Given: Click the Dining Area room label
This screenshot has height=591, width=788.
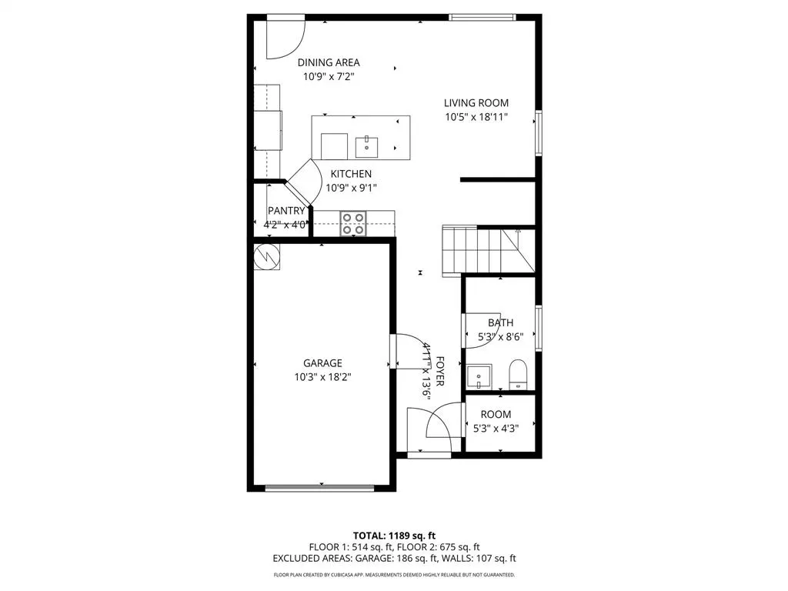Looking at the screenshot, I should [x=329, y=62].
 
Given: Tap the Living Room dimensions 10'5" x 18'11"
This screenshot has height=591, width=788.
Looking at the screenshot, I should [x=476, y=118].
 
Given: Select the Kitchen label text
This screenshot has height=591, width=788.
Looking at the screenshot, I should [x=351, y=174].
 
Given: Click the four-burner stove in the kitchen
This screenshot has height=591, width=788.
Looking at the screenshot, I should [x=353, y=223].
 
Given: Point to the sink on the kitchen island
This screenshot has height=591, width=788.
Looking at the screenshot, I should [x=367, y=144].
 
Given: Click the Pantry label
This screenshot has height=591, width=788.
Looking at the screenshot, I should [x=286, y=211].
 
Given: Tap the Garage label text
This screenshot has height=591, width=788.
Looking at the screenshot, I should [x=322, y=363].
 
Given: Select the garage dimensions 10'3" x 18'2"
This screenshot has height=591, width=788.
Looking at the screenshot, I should [x=322, y=377].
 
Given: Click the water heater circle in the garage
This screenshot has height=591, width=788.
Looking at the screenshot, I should [x=266, y=256].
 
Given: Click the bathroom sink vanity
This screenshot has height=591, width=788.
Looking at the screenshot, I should [x=480, y=378].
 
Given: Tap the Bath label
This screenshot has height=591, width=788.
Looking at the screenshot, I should [x=500, y=323].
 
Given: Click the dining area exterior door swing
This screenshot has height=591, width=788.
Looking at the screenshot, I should [x=285, y=38].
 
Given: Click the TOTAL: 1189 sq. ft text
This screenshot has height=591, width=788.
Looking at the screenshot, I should [x=394, y=535].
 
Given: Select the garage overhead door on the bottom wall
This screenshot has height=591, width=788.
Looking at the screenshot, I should [x=319, y=487].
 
